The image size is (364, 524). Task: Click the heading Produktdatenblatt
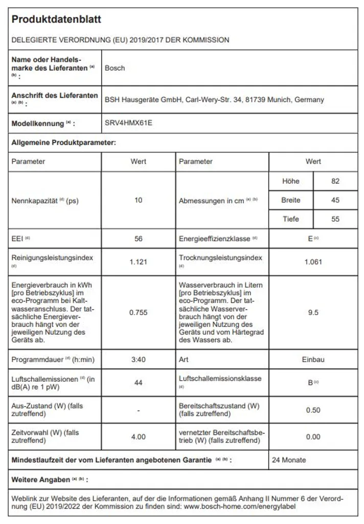pos(56,20)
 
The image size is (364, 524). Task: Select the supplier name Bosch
pos(115,68)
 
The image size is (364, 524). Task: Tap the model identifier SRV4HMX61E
pos(129,123)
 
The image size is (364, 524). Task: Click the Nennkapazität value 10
pos(139,200)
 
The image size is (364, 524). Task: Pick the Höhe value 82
pos(335,181)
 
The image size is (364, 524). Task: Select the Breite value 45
pos(335,200)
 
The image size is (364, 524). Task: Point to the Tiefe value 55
pos(335,219)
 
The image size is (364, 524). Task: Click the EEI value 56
pos(139,239)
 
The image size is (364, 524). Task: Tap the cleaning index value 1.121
pos(139,262)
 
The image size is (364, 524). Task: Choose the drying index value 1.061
pos(313,262)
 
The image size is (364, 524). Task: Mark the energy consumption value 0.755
pos(139,312)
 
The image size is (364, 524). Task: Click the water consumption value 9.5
pos(313,312)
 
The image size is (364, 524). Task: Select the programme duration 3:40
pos(139,360)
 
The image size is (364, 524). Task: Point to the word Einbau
pos(313,360)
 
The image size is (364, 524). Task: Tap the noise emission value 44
pos(139,382)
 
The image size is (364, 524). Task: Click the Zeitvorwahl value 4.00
pos(139,436)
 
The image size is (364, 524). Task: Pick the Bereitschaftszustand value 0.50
pos(313,410)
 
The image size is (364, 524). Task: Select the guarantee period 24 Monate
pos(289,460)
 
